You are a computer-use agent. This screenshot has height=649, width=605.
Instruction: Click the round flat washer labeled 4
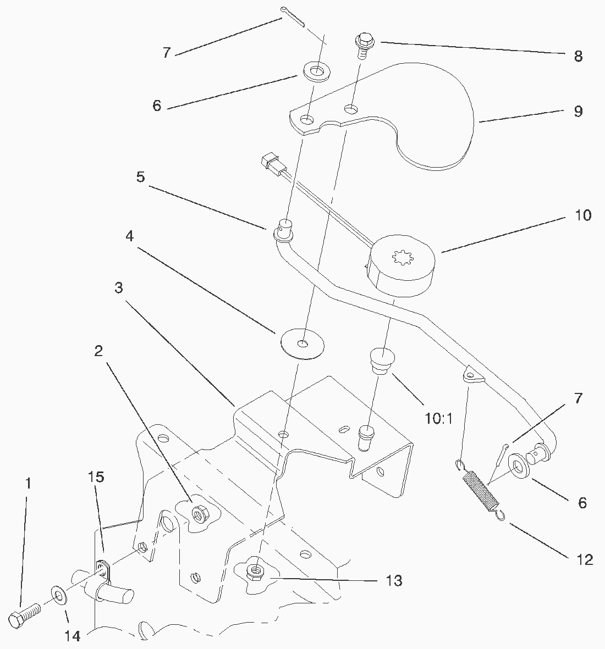point(301,344)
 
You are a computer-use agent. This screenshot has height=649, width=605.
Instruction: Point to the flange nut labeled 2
point(197,514)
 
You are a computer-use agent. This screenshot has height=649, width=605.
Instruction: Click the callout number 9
point(577,112)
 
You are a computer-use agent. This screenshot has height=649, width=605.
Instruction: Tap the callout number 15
point(96,477)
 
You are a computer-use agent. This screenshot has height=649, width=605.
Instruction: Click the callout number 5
point(141,179)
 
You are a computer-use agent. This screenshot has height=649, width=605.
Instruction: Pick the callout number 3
point(119,287)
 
